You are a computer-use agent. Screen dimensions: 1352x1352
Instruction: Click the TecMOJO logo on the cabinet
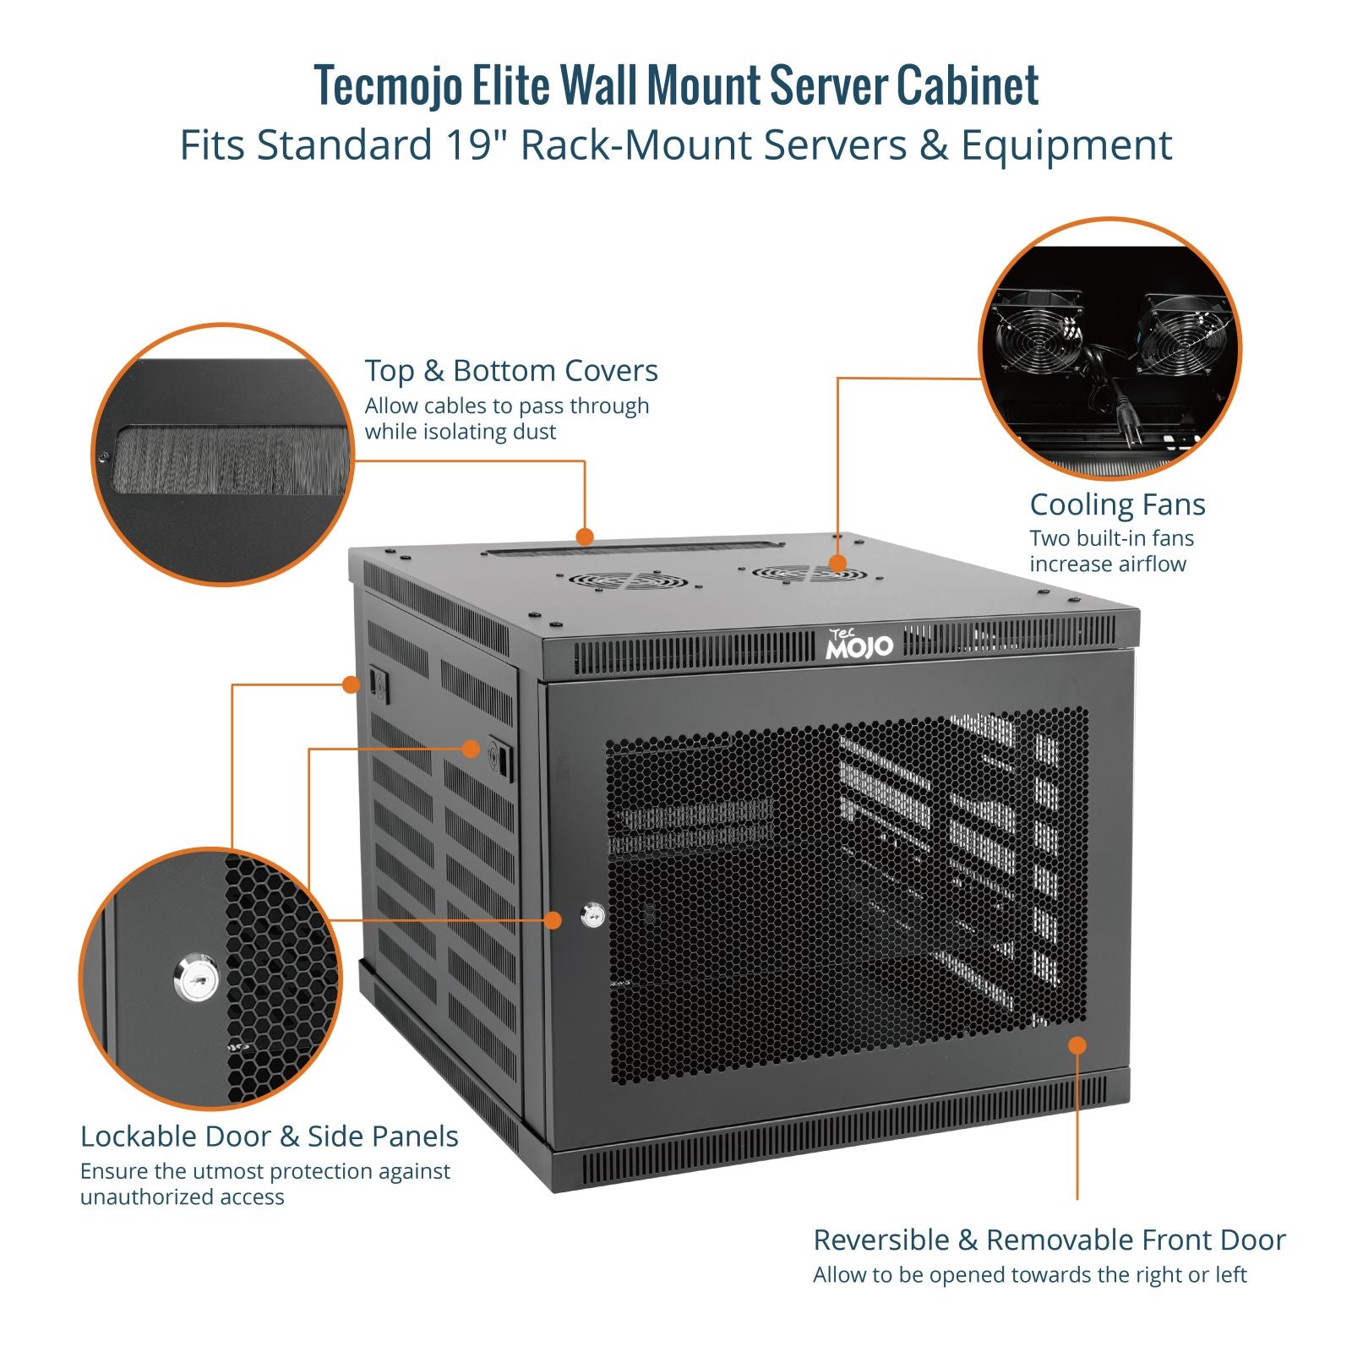(x=859, y=645)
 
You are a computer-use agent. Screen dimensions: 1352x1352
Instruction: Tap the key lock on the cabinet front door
(x=593, y=915)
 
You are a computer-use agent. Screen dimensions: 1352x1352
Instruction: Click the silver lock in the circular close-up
(x=196, y=979)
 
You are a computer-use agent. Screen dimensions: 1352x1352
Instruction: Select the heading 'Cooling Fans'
(x=1116, y=504)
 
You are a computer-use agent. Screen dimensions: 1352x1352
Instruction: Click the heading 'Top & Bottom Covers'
(x=510, y=370)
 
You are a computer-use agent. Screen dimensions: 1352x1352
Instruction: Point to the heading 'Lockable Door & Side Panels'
(x=269, y=1137)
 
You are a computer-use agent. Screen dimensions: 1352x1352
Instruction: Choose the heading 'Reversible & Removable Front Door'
(x=1049, y=1240)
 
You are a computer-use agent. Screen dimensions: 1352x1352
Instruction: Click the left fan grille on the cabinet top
(x=628, y=580)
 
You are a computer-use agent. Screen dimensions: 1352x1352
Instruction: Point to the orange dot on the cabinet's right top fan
(x=837, y=564)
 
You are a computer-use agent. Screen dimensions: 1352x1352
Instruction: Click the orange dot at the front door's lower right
(x=1077, y=1045)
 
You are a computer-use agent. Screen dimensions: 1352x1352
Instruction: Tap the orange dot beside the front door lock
(x=553, y=919)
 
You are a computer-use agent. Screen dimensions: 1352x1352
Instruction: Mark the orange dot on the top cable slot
(x=584, y=536)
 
